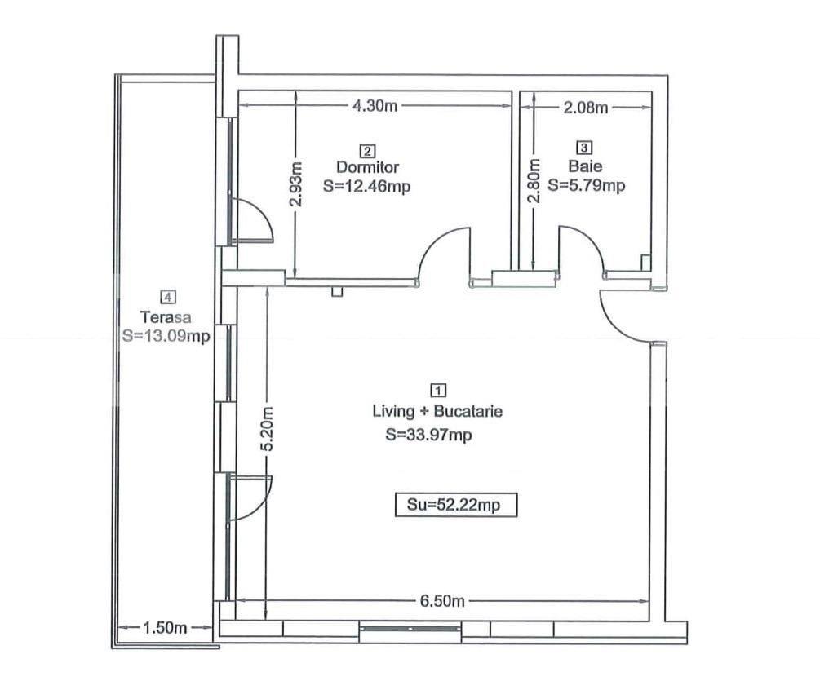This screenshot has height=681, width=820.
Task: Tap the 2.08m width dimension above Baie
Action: coord(586,107)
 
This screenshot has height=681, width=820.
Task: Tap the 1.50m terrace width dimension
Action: coord(166,628)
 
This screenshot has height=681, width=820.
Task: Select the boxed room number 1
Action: coord(437,390)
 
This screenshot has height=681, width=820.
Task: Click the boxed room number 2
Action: coord(367,150)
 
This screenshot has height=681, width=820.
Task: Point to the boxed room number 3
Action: coord(585,148)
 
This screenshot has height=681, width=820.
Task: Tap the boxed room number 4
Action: coord(168,297)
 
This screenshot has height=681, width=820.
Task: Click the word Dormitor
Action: coord(367,167)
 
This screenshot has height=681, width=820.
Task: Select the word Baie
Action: coord(586,166)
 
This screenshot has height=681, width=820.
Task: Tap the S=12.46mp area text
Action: coord(366,186)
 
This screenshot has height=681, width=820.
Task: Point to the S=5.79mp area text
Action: coord(586,185)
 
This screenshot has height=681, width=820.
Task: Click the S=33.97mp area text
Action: coord(429,436)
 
